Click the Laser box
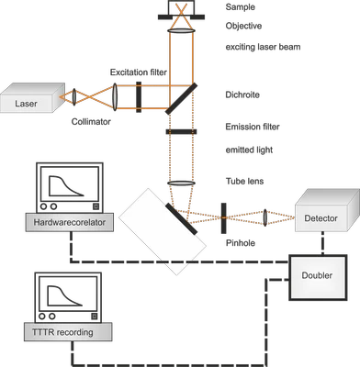point(31,102)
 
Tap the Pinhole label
point(241,243)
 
